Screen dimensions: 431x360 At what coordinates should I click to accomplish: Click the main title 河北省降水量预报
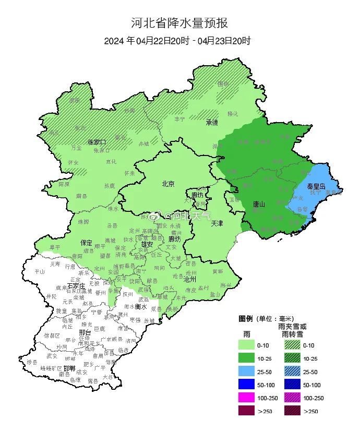pyautogui.click(x=179, y=23)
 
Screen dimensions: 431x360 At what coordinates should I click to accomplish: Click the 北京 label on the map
pyautogui.click(x=168, y=183)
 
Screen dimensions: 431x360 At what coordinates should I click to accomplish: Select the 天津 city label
pyautogui.click(x=218, y=223)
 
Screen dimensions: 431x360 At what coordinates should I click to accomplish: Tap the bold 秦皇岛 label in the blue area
pyautogui.click(x=316, y=186)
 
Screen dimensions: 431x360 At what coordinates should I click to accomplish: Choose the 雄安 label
pyautogui.click(x=147, y=244)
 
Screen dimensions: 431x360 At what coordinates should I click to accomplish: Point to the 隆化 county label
pyautogui.click(x=233, y=113)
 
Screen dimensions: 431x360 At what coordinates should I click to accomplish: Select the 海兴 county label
pyautogui.click(x=226, y=285)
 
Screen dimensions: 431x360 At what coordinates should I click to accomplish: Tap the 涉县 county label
pyautogui.click(x=32, y=362)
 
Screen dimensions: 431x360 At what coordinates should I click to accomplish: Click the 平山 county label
pyautogui.click(x=40, y=271)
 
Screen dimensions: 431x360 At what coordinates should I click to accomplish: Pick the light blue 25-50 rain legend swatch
pyautogui.click(x=247, y=372)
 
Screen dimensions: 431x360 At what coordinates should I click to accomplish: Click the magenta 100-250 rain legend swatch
pyautogui.click(x=247, y=398)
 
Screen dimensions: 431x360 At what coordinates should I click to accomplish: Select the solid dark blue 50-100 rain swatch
pyautogui.click(x=247, y=385)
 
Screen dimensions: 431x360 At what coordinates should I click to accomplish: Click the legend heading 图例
pyautogui.click(x=246, y=318)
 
